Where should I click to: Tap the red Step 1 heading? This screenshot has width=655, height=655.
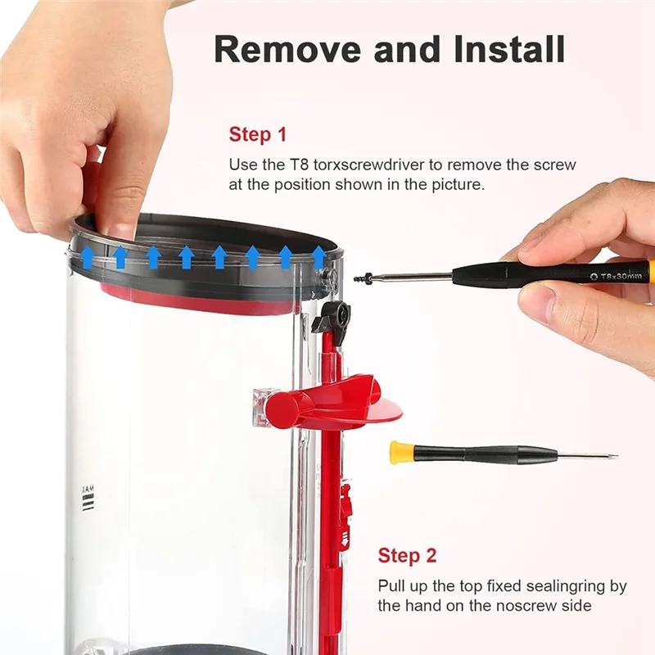[x=258, y=135]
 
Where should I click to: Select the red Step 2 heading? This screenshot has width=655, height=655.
[x=407, y=556]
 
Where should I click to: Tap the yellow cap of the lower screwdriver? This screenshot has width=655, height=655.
[x=400, y=452]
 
